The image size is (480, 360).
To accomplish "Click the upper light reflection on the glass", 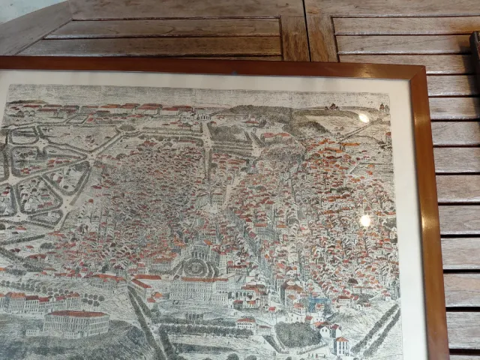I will coord(364,118).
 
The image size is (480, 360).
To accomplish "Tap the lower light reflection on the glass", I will coord(365,220).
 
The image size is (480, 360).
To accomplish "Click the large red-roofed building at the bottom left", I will coord(75,322).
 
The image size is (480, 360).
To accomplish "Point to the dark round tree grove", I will coord(297,334).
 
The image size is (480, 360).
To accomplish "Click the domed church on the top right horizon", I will coord(383,107).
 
